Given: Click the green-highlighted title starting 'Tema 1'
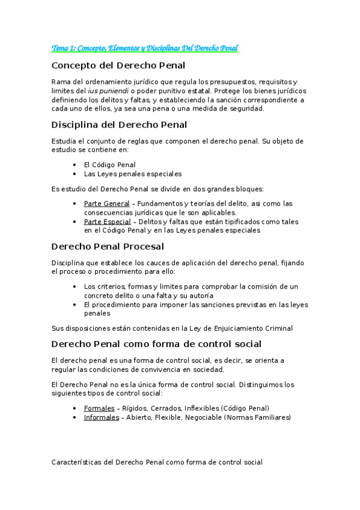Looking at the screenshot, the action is [145, 48].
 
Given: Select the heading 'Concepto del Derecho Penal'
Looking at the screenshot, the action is [118, 65].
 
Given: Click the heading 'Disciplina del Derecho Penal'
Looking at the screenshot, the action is [120, 124].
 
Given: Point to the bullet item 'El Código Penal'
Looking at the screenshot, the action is [110, 164].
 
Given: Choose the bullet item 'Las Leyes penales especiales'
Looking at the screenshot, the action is [133, 174].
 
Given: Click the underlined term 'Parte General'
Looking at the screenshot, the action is [107, 203].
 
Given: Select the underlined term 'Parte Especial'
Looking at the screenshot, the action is [108, 221].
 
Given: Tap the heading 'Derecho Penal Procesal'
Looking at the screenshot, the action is [108, 246].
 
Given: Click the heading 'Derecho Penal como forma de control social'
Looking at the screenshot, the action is [156, 344].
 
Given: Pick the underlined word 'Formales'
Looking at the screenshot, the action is [99, 408].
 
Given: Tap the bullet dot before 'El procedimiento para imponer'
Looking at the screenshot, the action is [74, 304].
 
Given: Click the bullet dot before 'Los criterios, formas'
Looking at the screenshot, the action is [74, 286].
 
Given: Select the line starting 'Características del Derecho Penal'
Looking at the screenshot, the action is [157, 462].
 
